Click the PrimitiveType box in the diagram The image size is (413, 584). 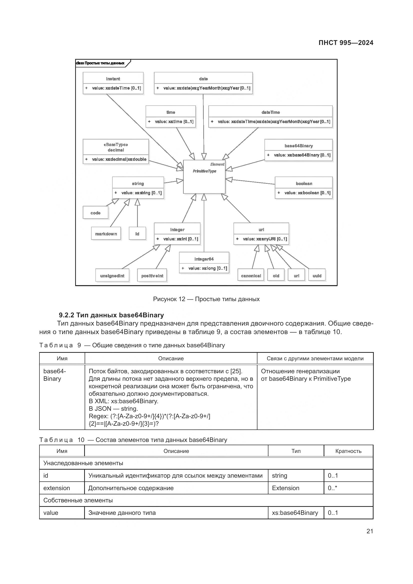[204, 177]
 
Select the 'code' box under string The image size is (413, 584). [95, 213]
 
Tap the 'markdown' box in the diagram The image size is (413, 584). [106, 233]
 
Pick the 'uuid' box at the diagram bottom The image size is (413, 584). [317, 275]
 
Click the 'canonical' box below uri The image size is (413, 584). [251, 275]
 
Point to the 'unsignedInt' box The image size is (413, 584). [112, 275]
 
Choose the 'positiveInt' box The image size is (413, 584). [152, 275]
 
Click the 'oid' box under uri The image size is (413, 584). [276, 275]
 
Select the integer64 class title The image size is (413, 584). [204, 259]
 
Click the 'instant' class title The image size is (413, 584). [113, 79]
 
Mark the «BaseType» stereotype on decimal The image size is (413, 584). [116, 145]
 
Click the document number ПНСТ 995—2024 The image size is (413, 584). [346, 43]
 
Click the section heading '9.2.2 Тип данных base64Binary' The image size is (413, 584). [111, 315]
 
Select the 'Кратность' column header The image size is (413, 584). [348, 451]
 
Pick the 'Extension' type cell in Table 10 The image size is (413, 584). [285, 488]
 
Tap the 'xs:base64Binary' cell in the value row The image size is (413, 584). [295, 513]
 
